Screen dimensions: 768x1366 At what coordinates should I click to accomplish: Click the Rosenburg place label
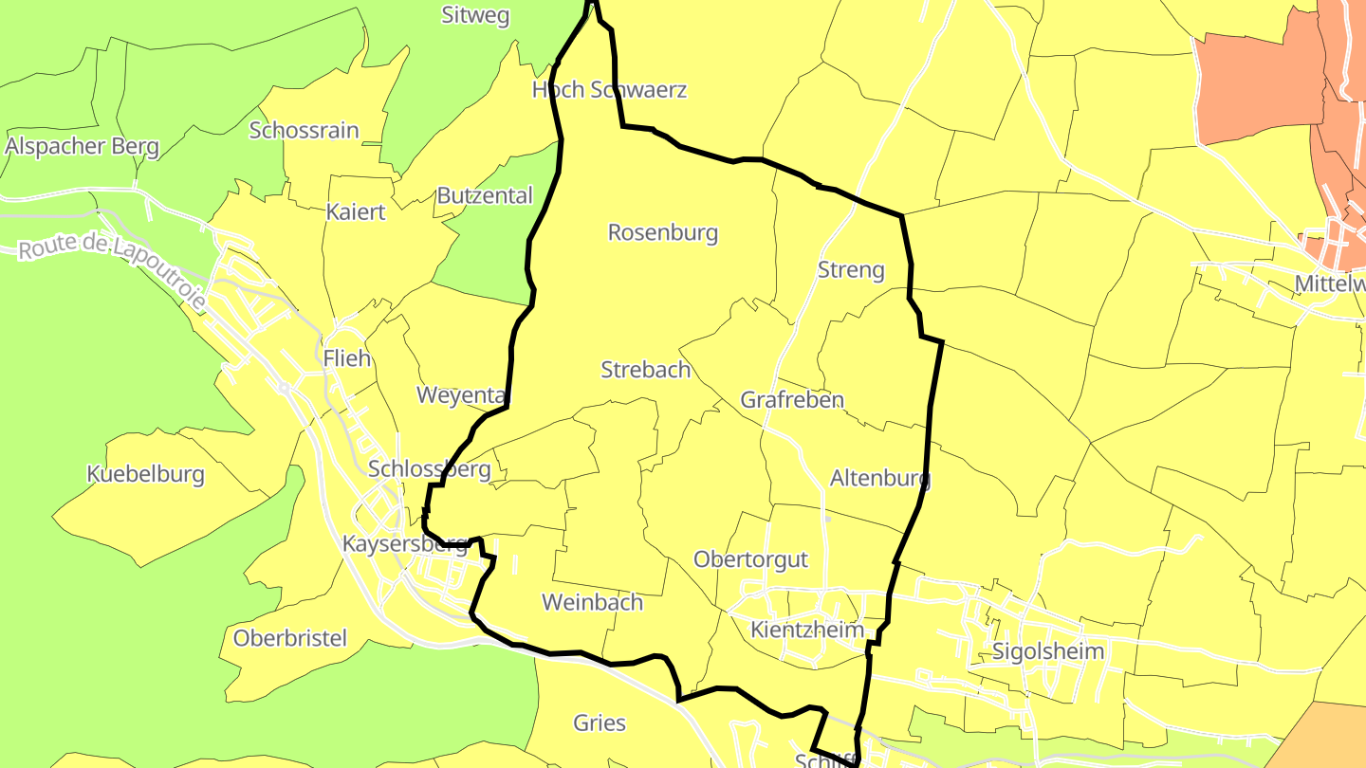coord(663,232)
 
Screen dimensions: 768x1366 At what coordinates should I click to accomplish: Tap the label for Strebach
coord(646,370)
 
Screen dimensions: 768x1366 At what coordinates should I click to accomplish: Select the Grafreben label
coord(792,399)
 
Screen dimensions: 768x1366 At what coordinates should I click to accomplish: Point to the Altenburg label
coord(879,478)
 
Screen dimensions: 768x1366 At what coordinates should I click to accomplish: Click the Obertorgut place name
coord(750,559)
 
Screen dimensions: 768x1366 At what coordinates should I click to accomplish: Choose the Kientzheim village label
coord(807,630)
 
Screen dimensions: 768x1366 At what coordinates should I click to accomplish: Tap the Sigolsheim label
coord(1048,651)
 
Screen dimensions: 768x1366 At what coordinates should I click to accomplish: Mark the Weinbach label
coord(592,602)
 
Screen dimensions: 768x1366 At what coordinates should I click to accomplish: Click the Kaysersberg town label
coord(405,544)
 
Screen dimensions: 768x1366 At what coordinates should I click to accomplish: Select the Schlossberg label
coord(429,468)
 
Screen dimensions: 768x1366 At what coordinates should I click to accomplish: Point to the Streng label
coord(851,270)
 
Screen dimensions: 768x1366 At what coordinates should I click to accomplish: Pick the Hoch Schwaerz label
coord(609,90)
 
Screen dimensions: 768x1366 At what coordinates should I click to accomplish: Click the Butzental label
coord(485,195)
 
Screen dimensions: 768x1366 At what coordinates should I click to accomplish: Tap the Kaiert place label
coord(356,211)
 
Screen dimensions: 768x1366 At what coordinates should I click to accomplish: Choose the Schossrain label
coord(304,130)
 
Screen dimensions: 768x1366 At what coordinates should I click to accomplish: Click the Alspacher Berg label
coord(82,146)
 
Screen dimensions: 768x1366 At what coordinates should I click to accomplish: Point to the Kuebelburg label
coord(145,474)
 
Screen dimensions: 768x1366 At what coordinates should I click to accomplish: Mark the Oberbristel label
coord(290,638)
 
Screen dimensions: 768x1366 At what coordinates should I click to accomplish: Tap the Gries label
coord(600,723)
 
